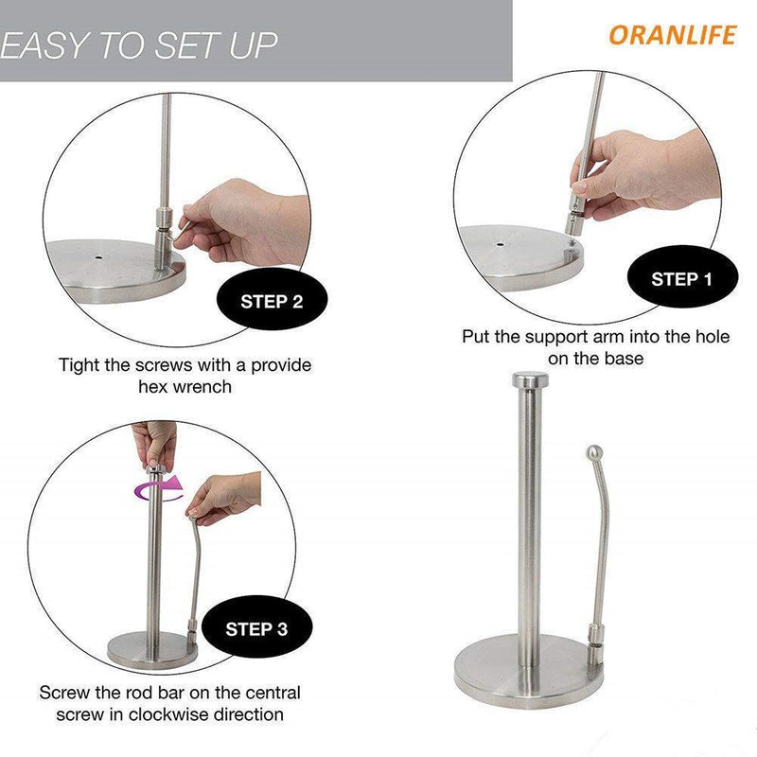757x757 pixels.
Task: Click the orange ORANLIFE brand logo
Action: (673, 35)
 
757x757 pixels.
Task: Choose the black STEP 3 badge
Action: (256, 627)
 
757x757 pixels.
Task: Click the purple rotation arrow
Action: (159, 488)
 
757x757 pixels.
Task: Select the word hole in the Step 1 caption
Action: (713, 336)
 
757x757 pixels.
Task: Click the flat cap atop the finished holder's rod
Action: (530, 380)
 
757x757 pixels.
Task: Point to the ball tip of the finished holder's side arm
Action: (594, 452)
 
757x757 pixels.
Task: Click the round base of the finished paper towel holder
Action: (529, 671)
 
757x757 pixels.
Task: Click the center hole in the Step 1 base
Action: (500, 243)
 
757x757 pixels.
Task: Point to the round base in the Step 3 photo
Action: (152, 649)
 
